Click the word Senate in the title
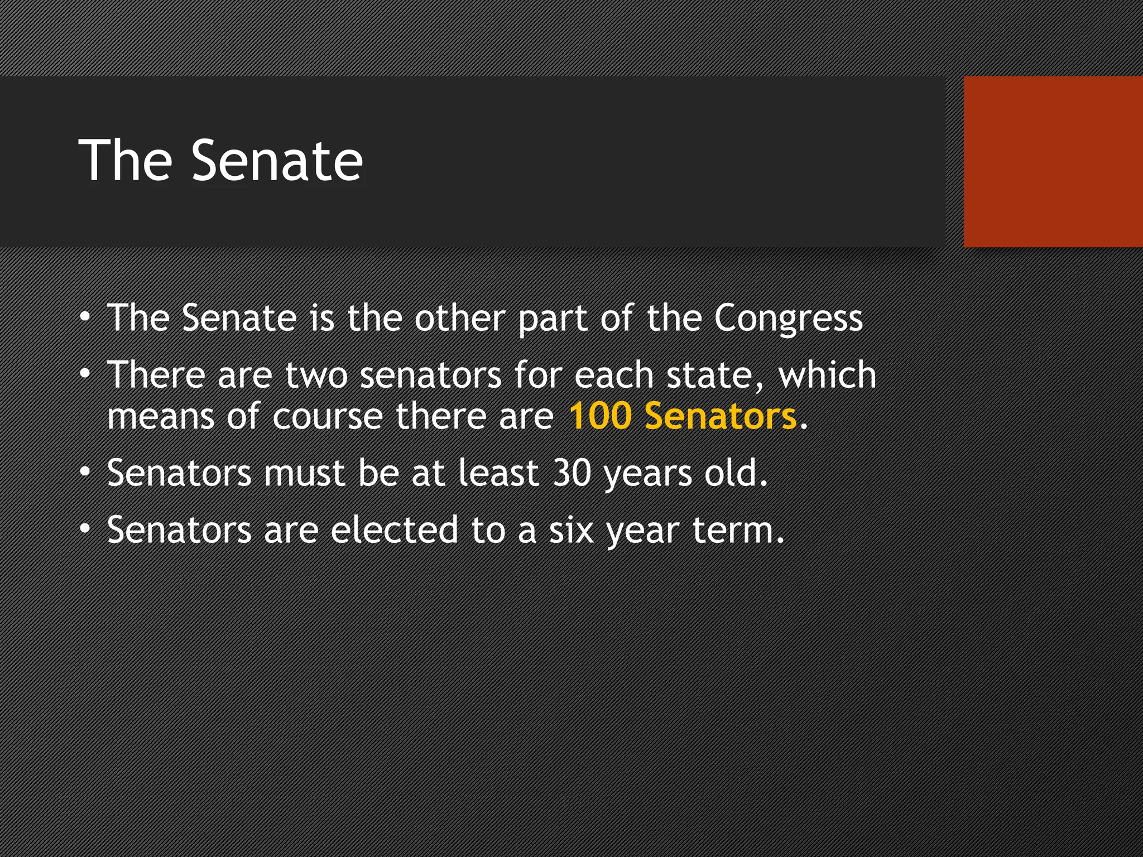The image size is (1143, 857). pos(277,161)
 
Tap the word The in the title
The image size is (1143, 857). pos(126,161)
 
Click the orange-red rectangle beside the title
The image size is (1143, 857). pos(1053,161)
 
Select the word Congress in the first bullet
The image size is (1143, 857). pos(788,319)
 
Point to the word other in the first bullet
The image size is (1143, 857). pos(459,318)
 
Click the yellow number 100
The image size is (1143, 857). pos(600,416)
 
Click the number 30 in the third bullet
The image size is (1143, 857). pos(571,473)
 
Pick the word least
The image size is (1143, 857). pos(498,473)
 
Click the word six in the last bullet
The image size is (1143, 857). pos(571,530)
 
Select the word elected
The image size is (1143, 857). pos(394,530)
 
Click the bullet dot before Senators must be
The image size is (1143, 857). pos(85,472)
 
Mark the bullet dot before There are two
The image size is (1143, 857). pos(85,373)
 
